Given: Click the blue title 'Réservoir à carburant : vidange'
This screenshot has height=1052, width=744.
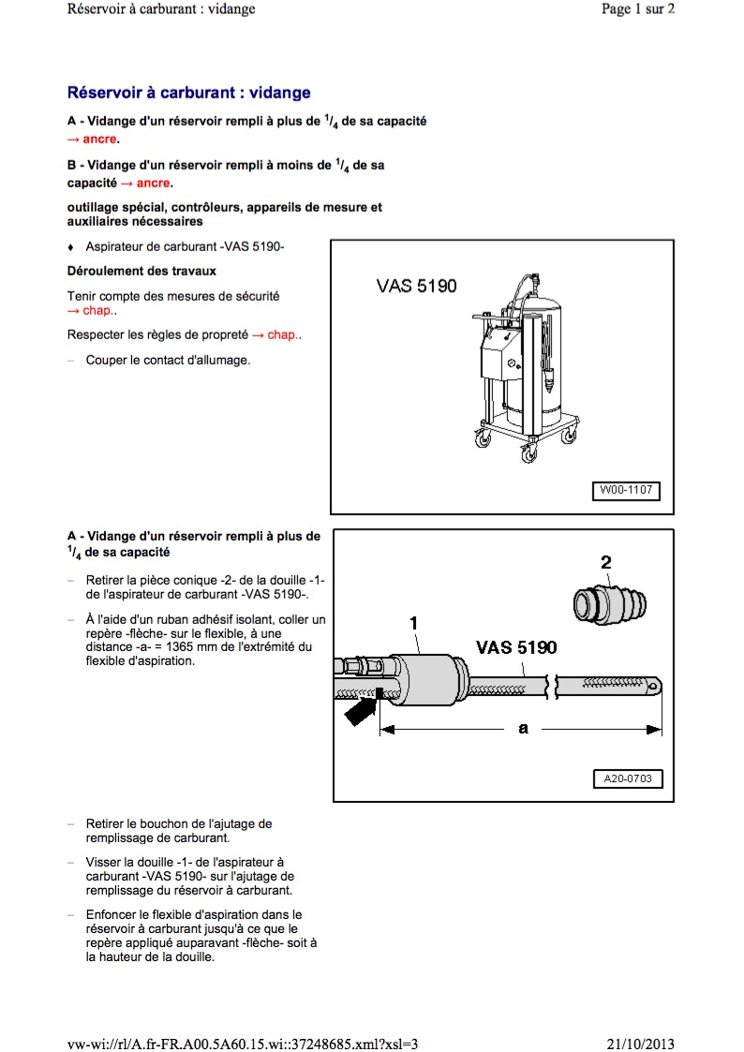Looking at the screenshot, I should [x=188, y=94].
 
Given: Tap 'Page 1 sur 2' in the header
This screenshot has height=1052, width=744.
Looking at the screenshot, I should [x=637, y=9].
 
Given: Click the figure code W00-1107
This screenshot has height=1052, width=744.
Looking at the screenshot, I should [x=625, y=490].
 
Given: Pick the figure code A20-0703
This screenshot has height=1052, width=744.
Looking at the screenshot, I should [x=627, y=778].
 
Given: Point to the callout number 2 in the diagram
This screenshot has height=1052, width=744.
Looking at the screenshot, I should [x=606, y=563].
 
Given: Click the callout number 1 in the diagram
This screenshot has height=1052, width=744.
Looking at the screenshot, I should [x=413, y=622].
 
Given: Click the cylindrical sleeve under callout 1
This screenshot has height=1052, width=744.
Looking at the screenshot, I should [x=426, y=680].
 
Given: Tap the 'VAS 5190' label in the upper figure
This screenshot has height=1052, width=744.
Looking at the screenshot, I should [x=417, y=285].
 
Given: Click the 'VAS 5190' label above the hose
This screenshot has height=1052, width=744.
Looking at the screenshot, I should [x=515, y=647].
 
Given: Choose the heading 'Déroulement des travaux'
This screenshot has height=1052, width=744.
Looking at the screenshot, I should [x=141, y=272].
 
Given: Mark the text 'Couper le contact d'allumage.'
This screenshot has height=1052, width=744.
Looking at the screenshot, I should [x=168, y=360].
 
